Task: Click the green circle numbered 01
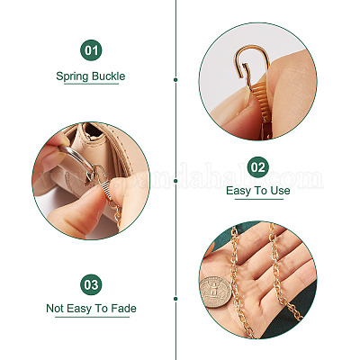click(x=91, y=50)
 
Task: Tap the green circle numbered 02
click(x=258, y=166)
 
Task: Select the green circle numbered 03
click(x=91, y=284)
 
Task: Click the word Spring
click(x=72, y=76)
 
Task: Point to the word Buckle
click(x=109, y=76)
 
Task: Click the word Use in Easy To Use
click(x=280, y=191)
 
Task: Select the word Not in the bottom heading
click(x=55, y=309)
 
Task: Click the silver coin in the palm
click(x=216, y=292)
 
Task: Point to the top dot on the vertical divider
click(x=175, y=80)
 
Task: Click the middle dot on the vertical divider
click(x=175, y=181)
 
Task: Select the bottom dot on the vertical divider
click(x=175, y=299)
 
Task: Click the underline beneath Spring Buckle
click(x=91, y=84)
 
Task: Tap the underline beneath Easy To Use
click(x=258, y=199)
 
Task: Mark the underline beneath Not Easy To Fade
click(x=93, y=317)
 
